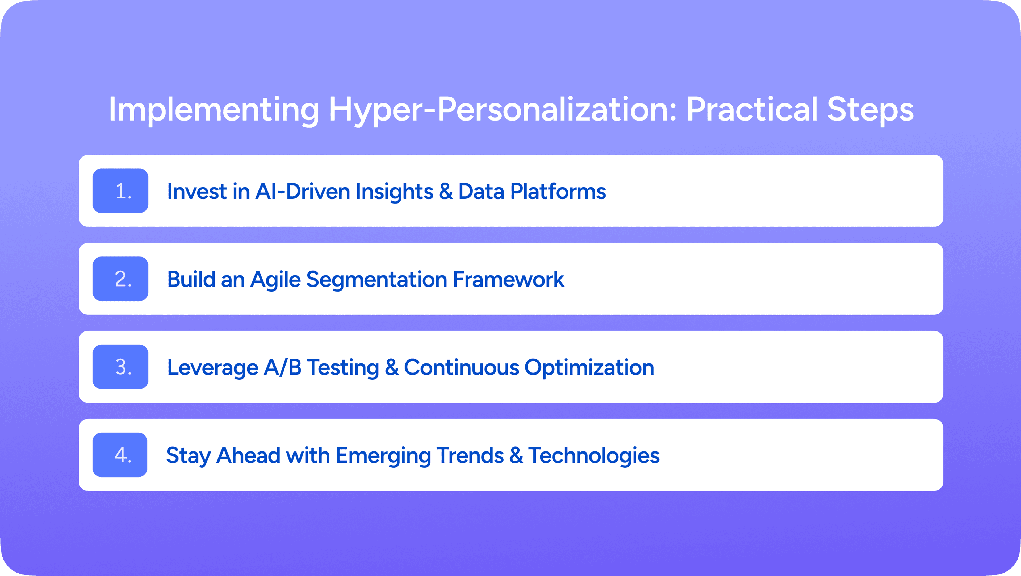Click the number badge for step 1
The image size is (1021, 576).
[120, 191]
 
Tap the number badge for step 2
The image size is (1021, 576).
[120, 279]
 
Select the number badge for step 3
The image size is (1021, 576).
[120, 367]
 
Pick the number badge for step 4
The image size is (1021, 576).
[120, 455]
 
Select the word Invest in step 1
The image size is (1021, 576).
[197, 192]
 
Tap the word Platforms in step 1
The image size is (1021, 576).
[558, 192]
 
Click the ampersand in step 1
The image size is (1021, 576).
[446, 192]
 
